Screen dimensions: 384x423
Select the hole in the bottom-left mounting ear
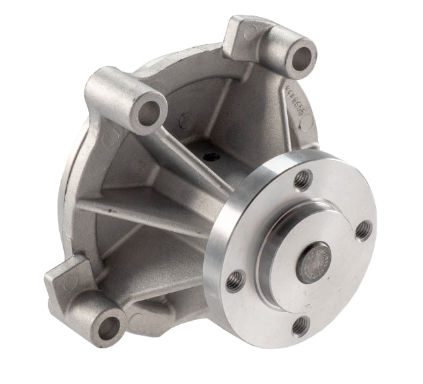point(107,327)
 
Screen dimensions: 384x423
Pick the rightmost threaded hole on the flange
point(363,231)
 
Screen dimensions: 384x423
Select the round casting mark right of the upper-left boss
point(186,121)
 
